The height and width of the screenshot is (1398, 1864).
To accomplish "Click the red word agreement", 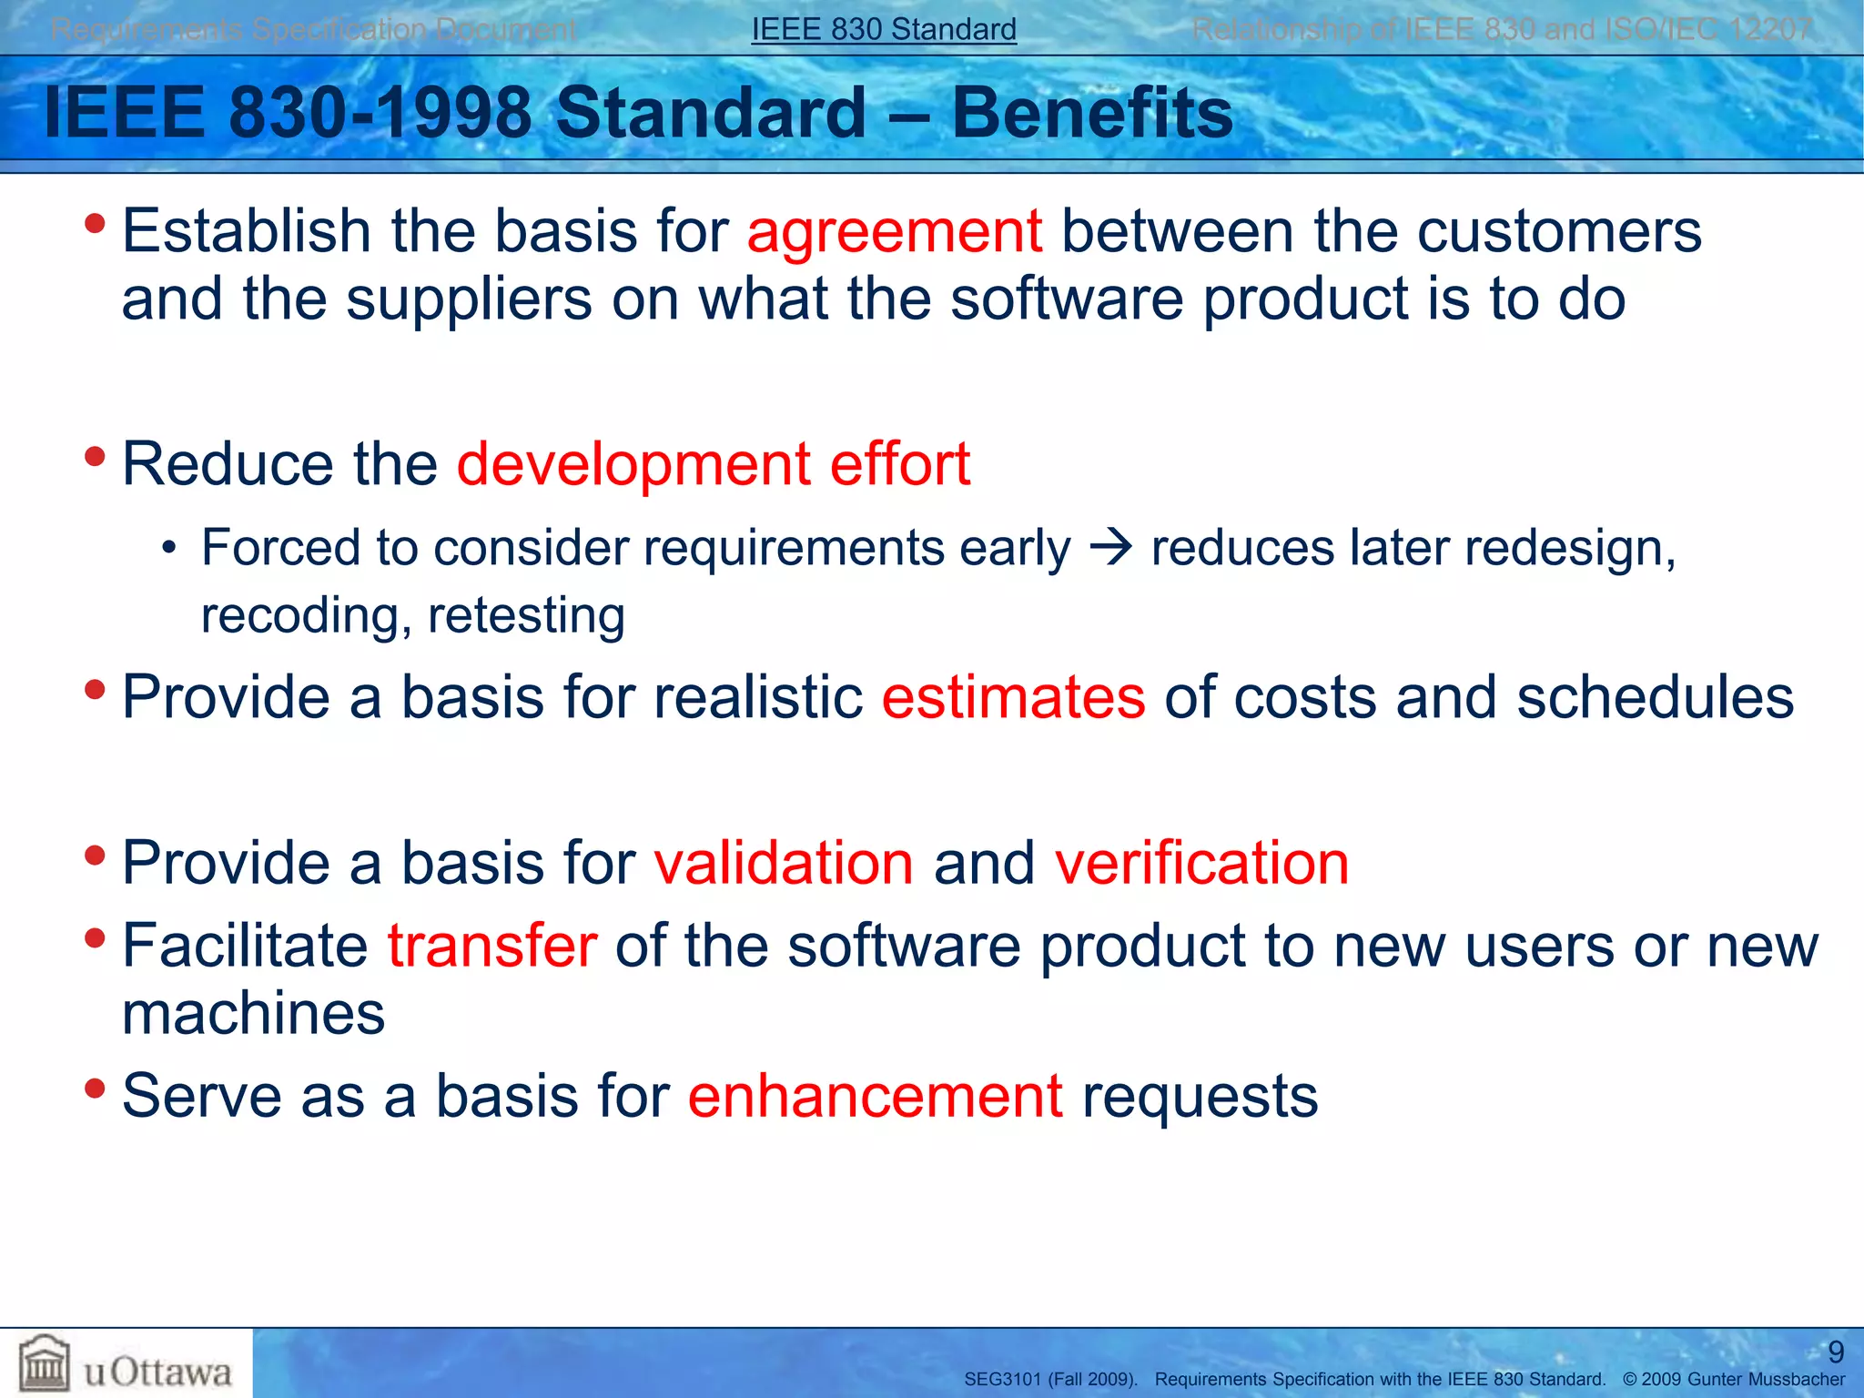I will pyautogui.click(x=894, y=232).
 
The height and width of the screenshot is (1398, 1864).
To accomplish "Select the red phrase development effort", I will pyautogui.click(x=713, y=464).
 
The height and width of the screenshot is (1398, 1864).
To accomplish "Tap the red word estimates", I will pyautogui.click(x=1013, y=697).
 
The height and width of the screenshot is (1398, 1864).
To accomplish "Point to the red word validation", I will pyautogui.click(x=784, y=863).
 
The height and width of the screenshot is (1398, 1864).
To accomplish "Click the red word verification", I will pyautogui.click(x=1201, y=863).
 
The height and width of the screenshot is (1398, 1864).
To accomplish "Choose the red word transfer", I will pyautogui.click(x=491, y=946).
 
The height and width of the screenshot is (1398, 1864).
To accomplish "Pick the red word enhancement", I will pyautogui.click(x=875, y=1096).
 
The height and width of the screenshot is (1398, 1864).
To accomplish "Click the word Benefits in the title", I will pyautogui.click(x=1091, y=113).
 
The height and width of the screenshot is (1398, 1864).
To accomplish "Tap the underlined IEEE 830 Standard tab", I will pyautogui.click(x=883, y=29).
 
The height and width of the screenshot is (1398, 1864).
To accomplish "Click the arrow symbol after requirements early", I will pyautogui.click(x=1110, y=548).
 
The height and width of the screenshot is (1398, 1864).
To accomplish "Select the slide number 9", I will pyautogui.click(x=1836, y=1352).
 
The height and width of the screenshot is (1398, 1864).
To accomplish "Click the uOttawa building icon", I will pyautogui.click(x=45, y=1363).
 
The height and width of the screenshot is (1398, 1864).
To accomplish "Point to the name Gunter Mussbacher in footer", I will pyautogui.click(x=1766, y=1380).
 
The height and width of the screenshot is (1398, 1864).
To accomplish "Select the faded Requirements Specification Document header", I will pyautogui.click(x=313, y=29).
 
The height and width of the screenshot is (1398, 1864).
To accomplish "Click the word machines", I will pyautogui.click(x=253, y=1014).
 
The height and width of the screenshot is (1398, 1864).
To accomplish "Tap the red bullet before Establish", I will pyautogui.click(x=95, y=223).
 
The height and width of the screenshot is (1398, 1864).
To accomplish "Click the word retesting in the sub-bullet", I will pyautogui.click(x=526, y=616).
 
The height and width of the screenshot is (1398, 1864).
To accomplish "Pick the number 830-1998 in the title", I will pyautogui.click(x=380, y=113).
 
